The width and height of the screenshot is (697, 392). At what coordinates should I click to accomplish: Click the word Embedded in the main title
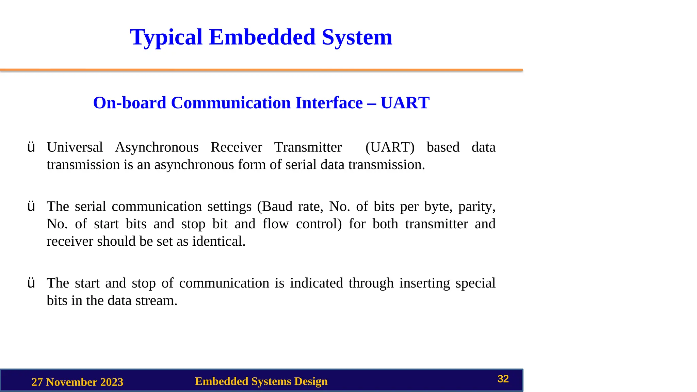[x=262, y=37]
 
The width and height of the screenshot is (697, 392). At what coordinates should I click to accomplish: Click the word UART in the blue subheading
[x=405, y=103]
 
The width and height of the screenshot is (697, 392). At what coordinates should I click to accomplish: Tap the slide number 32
[x=503, y=379]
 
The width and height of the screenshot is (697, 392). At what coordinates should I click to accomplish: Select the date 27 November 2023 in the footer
[x=77, y=382]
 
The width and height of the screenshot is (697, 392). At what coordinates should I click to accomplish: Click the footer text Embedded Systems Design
[x=261, y=381]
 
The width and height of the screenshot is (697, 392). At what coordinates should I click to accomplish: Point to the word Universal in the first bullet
[x=75, y=147]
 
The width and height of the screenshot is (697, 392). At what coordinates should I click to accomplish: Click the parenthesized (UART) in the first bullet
[x=390, y=147]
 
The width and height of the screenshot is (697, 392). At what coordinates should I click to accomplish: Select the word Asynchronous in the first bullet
[x=157, y=147]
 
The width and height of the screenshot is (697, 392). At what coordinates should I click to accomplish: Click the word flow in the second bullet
[x=275, y=224]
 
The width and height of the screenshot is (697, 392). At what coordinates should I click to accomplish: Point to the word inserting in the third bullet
[x=424, y=283]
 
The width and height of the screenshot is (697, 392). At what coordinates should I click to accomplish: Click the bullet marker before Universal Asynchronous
[x=31, y=147]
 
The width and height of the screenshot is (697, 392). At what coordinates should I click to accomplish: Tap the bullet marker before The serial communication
[x=31, y=207]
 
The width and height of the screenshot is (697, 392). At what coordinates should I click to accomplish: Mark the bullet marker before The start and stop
[x=31, y=283]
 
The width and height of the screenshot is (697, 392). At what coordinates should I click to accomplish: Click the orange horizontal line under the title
[x=261, y=70]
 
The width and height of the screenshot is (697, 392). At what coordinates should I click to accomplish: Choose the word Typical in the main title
[x=166, y=37]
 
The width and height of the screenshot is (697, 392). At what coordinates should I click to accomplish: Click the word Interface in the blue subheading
[x=329, y=103]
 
